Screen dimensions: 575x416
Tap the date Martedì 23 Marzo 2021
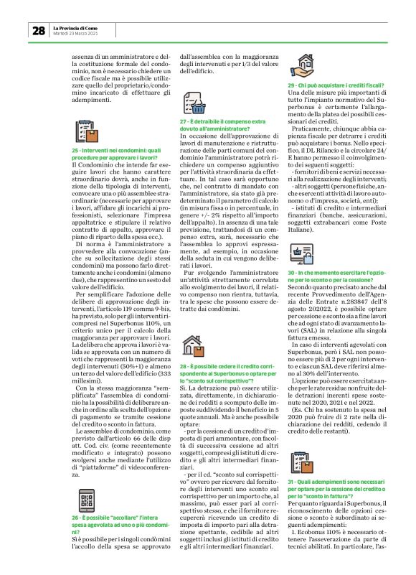tap(77, 33)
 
